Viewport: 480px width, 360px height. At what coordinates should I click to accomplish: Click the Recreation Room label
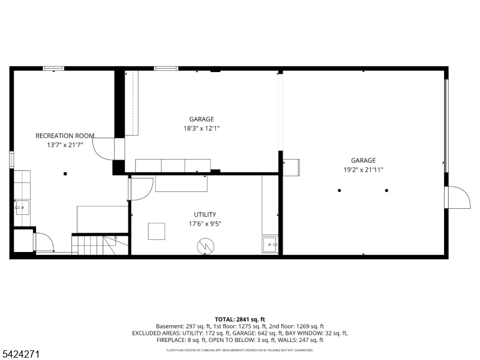coord(65,136)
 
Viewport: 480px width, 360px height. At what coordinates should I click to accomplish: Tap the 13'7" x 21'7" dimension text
coord(65,145)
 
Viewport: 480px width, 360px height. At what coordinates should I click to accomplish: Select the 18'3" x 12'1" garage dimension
coord(202,128)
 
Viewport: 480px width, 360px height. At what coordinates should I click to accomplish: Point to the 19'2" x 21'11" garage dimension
coord(364,170)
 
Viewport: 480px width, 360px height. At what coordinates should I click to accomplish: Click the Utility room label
coord(205,215)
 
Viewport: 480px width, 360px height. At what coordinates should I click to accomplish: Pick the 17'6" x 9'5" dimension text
coord(205,224)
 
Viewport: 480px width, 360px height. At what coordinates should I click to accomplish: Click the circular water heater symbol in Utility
coord(205,246)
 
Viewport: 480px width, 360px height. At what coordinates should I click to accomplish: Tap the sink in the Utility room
coord(269,245)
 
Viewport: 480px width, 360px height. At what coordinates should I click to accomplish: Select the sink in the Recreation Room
coord(22,208)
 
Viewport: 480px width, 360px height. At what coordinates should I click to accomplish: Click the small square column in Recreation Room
coord(65,174)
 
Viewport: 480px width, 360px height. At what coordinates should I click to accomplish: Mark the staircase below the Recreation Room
coord(100,245)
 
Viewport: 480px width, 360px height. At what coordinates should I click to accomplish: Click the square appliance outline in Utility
coord(157,232)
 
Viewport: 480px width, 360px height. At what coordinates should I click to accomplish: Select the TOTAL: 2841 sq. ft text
coord(239,320)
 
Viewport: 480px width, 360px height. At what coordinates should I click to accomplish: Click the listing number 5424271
coord(20,354)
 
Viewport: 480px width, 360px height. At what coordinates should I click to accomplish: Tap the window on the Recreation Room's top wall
coord(53,68)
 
